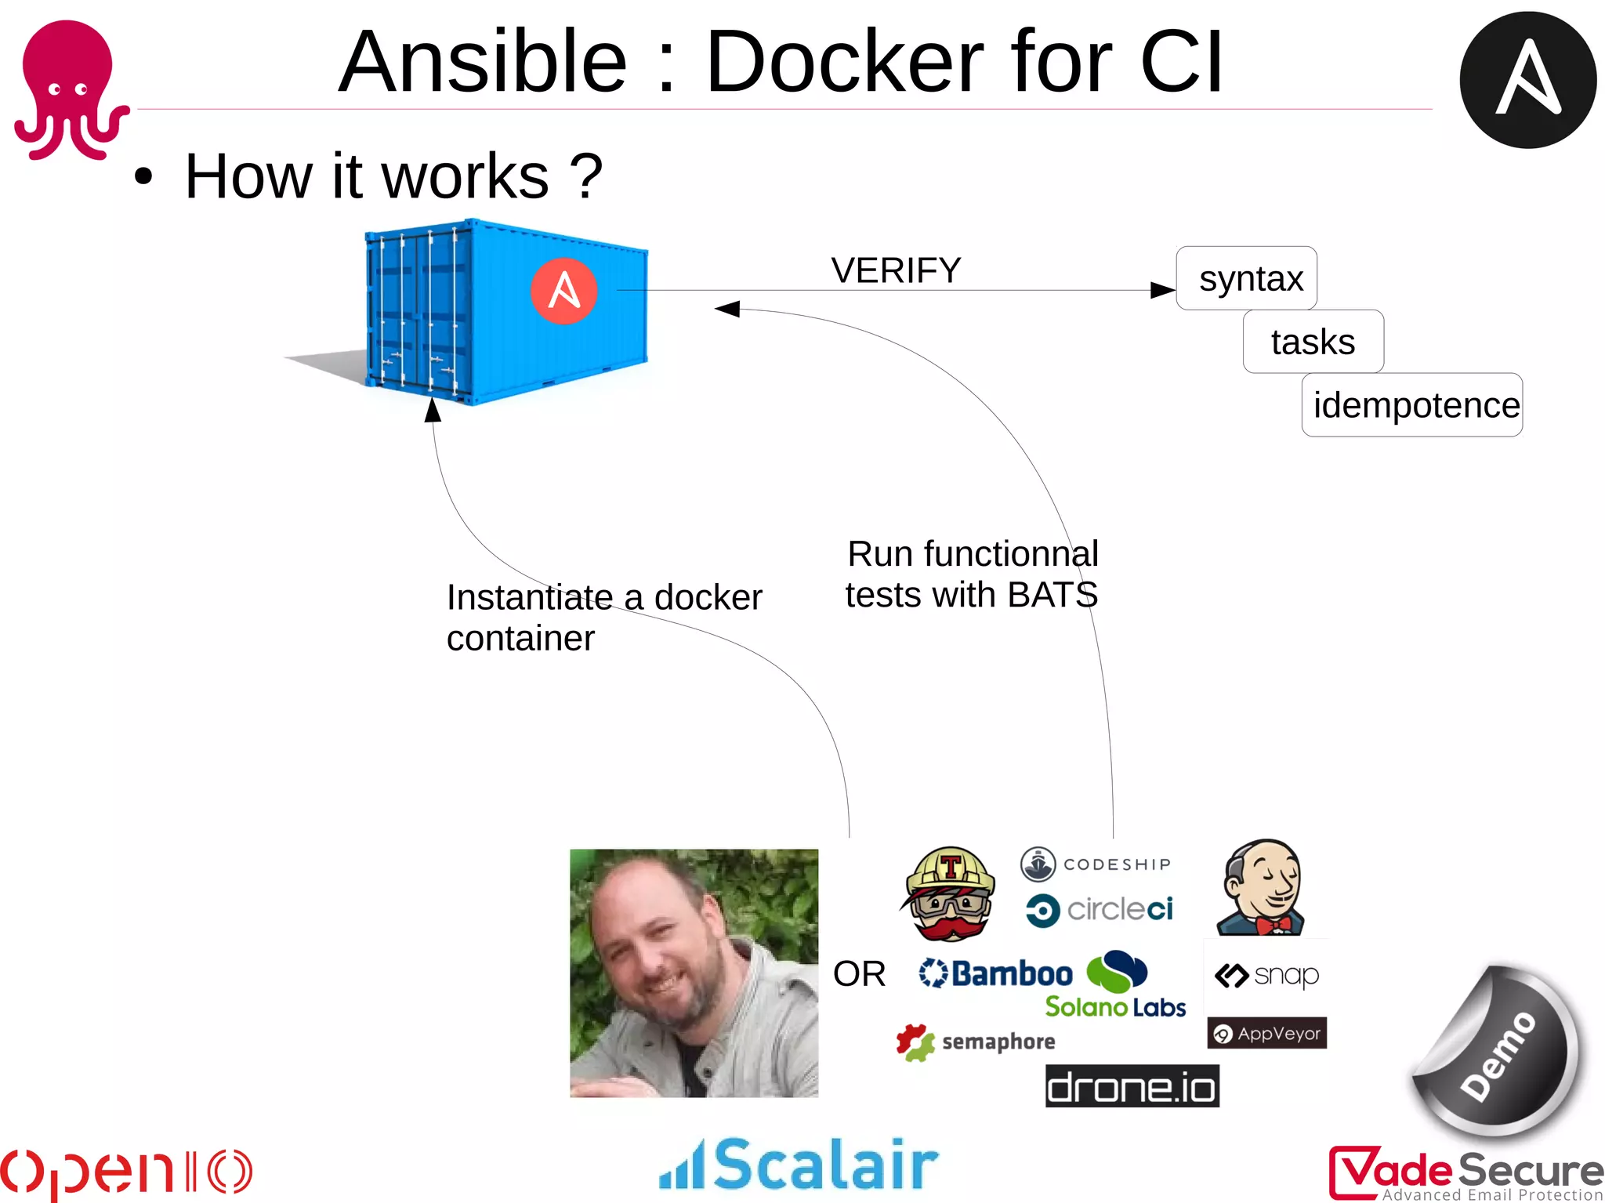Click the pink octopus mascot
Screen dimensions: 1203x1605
pos(69,88)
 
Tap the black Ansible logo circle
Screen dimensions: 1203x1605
pos(1527,80)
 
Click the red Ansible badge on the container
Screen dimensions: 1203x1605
pos(563,291)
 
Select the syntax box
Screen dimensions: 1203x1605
pos(1246,278)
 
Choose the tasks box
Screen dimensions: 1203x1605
pos(1313,342)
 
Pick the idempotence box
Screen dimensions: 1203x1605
pos(1412,405)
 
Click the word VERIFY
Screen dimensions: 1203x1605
pos(896,270)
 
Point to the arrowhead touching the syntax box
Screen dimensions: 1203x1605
pos(1163,290)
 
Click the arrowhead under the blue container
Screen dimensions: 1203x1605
pos(433,410)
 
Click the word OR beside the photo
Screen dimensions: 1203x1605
pos(859,974)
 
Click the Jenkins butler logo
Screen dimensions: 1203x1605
pos(1262,888)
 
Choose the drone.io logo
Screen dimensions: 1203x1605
pos(1132,1086)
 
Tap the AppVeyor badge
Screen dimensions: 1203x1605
pos(1266,1034)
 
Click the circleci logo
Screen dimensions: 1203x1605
pos(1099,910)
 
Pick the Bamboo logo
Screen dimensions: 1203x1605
pos(996,974)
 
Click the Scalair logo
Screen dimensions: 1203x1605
pos(799,1164)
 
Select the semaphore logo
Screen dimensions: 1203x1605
pos(976,1042)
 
